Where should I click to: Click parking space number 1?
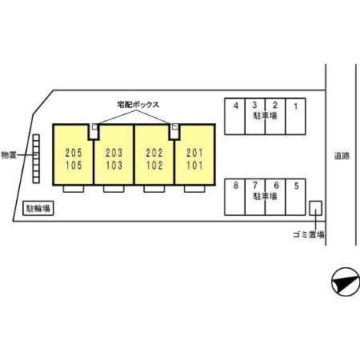click(295, 117)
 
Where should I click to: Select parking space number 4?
click(234, 117)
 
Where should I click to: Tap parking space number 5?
click(295, 197)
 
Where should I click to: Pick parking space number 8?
click(234, 197)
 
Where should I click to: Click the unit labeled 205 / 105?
click(74, 154)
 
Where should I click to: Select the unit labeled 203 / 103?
click(114, 154)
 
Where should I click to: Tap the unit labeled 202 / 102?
click(154, 154)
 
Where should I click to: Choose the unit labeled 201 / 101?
click(195, 154)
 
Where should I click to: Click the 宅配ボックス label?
click(138, 105)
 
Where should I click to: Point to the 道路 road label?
click(342, 156)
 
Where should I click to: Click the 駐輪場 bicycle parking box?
click(38, 208)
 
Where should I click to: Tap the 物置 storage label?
click(9, 155)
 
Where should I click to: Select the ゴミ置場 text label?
click(309, 234)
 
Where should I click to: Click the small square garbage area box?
click(315, 208)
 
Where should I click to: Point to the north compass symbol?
click(346, 282)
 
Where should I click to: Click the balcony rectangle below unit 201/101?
click(194, 189)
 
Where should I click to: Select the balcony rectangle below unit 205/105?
click(74, 189)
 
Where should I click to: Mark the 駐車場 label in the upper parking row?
click(265, 116)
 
